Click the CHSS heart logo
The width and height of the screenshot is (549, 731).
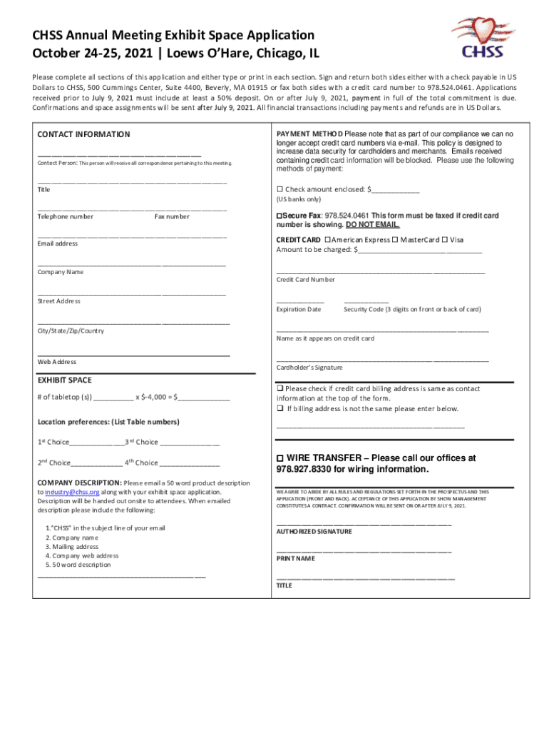482,39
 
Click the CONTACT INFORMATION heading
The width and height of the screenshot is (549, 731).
83,134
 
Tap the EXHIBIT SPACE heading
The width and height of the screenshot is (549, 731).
64,380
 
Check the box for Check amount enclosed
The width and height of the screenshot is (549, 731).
279,189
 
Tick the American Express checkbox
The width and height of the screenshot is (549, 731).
327,240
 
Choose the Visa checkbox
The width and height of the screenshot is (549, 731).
444,240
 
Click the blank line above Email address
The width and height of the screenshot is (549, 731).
132,236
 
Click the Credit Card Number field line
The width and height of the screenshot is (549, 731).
380,273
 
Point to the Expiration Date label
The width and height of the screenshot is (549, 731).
299,309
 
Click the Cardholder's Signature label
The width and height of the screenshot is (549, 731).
309,368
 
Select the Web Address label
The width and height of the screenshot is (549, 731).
57,362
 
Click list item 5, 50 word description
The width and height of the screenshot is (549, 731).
78,565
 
